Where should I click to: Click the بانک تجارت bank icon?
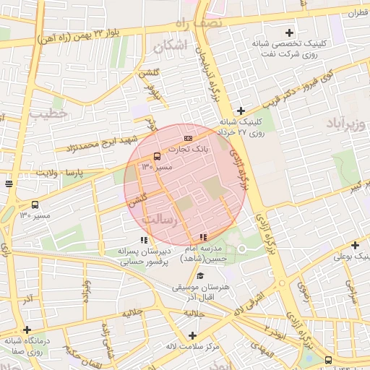tap(189, 138)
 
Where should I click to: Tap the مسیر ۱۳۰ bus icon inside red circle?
tap(157, 156)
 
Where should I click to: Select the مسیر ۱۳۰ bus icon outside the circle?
tap(35, 205)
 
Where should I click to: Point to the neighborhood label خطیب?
tap(48, 113)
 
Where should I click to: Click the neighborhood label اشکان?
tap(170, 46)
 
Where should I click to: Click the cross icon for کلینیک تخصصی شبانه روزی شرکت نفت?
tap(290, 33)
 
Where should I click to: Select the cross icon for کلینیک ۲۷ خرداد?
tap(241, 111)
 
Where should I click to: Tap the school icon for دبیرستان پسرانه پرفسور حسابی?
tap(144, 240)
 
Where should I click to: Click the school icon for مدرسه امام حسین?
tap(203, 236)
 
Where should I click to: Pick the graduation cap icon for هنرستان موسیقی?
tap(200, 276)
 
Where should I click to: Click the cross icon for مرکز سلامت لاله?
tap(192, 335)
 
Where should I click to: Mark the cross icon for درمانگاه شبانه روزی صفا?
tap(27, 330)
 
